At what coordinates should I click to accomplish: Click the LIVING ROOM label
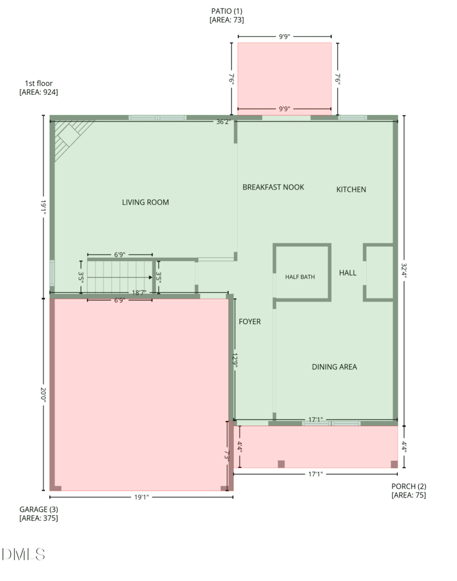[x=145, y=203]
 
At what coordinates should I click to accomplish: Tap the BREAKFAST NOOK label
[x=273, y=187]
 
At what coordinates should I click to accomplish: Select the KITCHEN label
[x=351, y=190]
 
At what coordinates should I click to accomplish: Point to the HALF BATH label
[x=300, y=277]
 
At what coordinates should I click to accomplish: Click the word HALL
[x=347, y=273]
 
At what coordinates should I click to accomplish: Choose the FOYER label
[x=249, y=322]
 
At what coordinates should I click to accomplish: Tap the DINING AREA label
[x=334, y=367]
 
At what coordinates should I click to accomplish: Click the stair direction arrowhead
[x=150, y=277]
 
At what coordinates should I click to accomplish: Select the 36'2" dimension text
[x=224, y=121]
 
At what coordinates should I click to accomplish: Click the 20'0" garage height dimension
[x=43, y=395]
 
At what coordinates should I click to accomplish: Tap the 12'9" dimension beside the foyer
[x=234, y=360]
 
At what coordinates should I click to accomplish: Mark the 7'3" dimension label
[x=227, y=455]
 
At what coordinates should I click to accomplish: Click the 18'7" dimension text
[x=139, y=293]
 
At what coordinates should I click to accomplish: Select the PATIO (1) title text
[x=227, y=11]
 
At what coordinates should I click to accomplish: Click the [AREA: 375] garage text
[x=39, y=518]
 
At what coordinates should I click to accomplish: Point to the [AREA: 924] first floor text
[x=39, y=92]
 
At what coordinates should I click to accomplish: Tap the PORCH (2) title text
[x=409, y=486]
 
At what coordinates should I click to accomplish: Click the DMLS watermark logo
[x=23, y=554]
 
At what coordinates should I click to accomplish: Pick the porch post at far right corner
[x=395, y=464]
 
